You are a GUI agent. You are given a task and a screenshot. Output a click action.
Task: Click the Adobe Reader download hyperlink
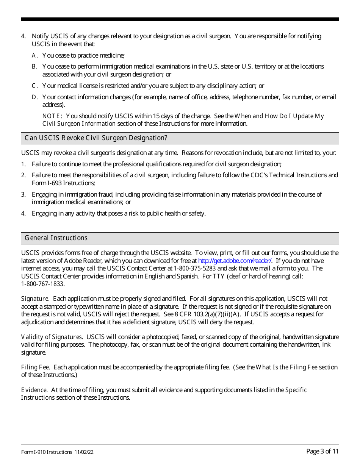coord(235,261)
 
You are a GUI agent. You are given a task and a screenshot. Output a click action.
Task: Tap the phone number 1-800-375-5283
coord(194,268)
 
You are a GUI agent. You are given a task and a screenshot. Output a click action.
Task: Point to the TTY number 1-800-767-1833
coord(42,284)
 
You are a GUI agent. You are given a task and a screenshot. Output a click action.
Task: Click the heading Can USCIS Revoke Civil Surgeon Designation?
coord(96,138)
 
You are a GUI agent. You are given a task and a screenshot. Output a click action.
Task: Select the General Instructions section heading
coord(56,238)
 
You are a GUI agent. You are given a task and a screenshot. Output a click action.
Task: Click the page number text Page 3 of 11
coord(322,451)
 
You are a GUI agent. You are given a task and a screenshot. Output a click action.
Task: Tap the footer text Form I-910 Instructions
coord(47,452)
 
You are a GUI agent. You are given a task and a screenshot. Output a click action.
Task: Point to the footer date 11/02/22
coord(83,452)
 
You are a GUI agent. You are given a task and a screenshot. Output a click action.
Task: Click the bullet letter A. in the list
coord(34,55)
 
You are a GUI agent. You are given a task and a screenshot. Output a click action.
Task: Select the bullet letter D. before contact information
coord(34,97)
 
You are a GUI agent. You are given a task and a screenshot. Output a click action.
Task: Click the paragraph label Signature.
coord(34,299)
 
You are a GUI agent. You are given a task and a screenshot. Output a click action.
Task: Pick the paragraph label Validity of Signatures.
coord(52,337)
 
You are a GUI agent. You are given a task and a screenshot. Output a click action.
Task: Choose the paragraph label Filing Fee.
coord(36,367)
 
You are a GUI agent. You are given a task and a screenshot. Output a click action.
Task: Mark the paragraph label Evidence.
coord(34,390)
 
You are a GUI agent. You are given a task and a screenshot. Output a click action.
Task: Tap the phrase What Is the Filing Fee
coord(286,367)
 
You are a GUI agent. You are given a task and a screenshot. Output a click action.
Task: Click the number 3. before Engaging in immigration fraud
coord(23,194)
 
